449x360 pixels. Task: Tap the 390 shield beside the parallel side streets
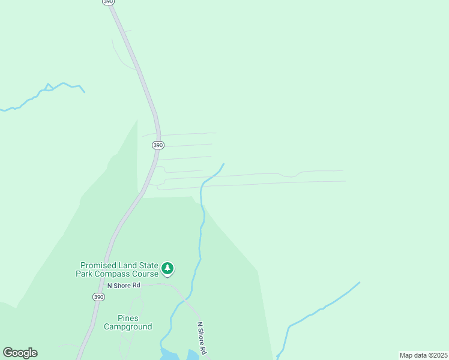[157, 145]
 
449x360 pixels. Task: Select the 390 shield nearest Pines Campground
[98, 297]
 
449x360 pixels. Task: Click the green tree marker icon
[168, 269]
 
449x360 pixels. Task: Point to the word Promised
[101, 265]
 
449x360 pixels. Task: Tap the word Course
[144, 274]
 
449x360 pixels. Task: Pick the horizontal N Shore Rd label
[124, 285]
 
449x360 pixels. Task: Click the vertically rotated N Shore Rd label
[202, 338]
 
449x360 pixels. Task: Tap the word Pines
[128, 318]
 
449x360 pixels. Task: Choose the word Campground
[128, 326]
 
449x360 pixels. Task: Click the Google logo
[20, 353]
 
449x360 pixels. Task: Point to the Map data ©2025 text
[423, 355]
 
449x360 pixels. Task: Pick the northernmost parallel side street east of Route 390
[180, 134]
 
